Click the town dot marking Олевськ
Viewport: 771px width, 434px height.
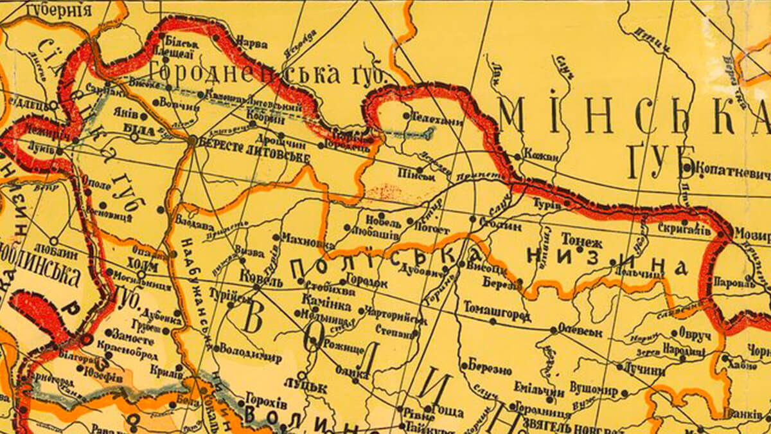[554, 330]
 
